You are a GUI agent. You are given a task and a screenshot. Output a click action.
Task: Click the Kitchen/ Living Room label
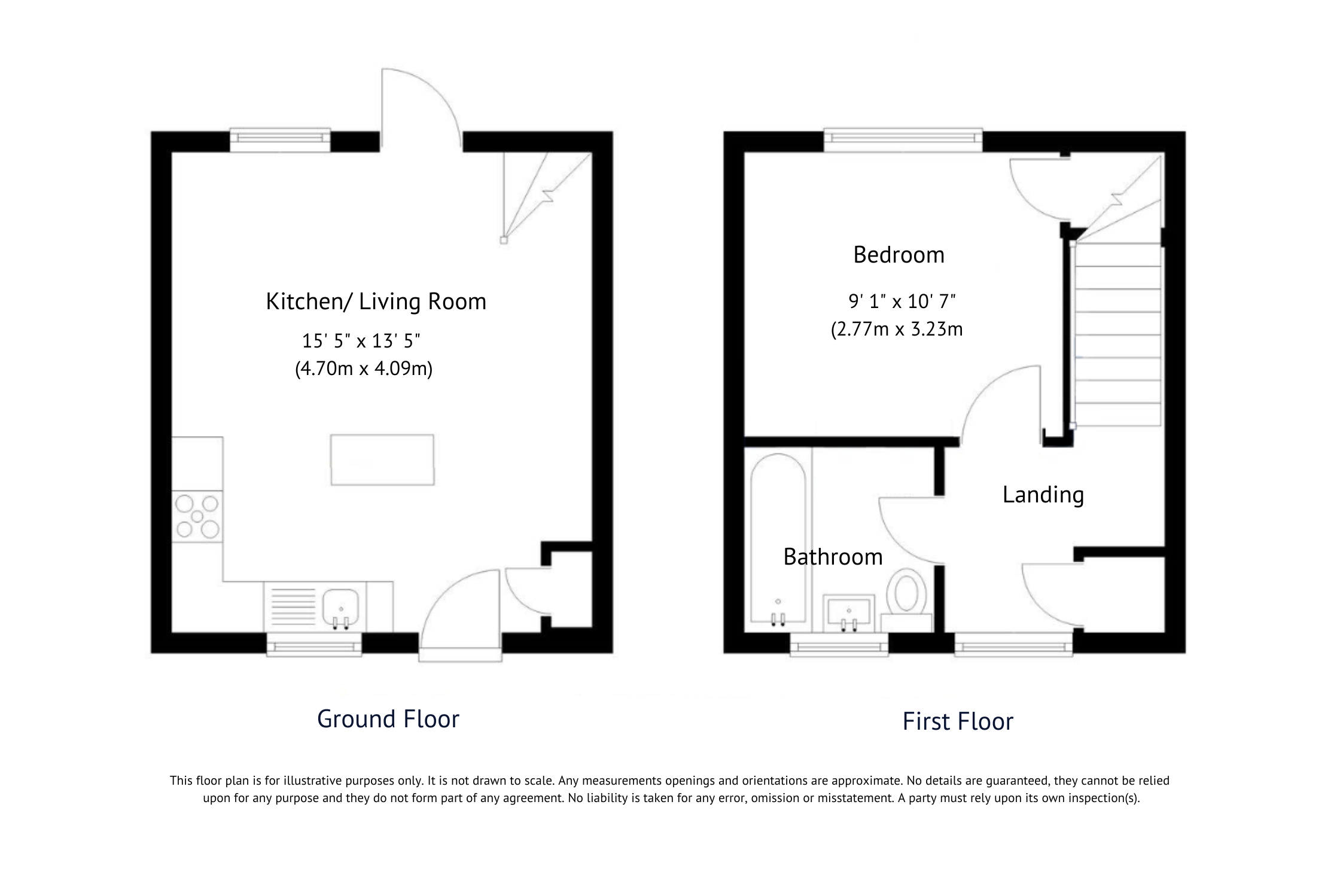coord(376,301)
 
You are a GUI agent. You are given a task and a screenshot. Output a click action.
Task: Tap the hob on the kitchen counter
coord(197,516)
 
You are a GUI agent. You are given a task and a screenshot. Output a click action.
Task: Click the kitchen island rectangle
coord(382,459)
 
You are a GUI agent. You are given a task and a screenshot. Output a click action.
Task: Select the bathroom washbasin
coord(848,612)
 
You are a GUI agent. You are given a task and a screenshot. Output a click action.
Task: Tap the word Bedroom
coord(899,255)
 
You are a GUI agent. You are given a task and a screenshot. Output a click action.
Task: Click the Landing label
coord(1043,495)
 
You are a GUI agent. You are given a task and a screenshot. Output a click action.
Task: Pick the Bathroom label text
coord(833,557)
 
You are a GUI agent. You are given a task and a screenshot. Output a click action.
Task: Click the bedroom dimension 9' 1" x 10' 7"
coord(902,301)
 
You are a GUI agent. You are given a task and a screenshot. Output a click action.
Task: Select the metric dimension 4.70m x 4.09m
coord(364,368)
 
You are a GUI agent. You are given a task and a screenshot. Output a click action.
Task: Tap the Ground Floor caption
coord(388,719)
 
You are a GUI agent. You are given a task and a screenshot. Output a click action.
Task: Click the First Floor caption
coord(957,721)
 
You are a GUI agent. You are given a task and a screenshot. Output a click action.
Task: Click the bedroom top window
coord(903,139)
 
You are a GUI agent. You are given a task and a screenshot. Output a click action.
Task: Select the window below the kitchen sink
coord(314,647)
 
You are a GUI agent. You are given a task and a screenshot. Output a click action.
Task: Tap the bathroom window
coord(839,647)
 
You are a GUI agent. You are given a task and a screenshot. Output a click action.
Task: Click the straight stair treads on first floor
coord(1117,335)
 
